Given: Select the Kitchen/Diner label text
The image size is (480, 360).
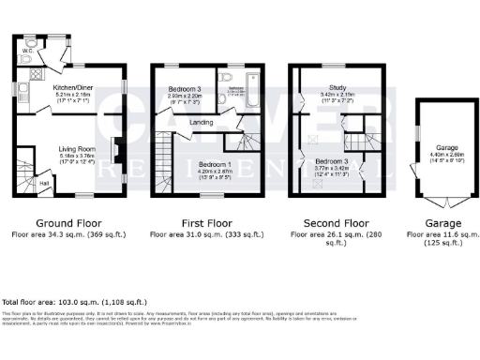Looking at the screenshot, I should (46, 85).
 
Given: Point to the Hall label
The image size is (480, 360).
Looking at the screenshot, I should (44, 184).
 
